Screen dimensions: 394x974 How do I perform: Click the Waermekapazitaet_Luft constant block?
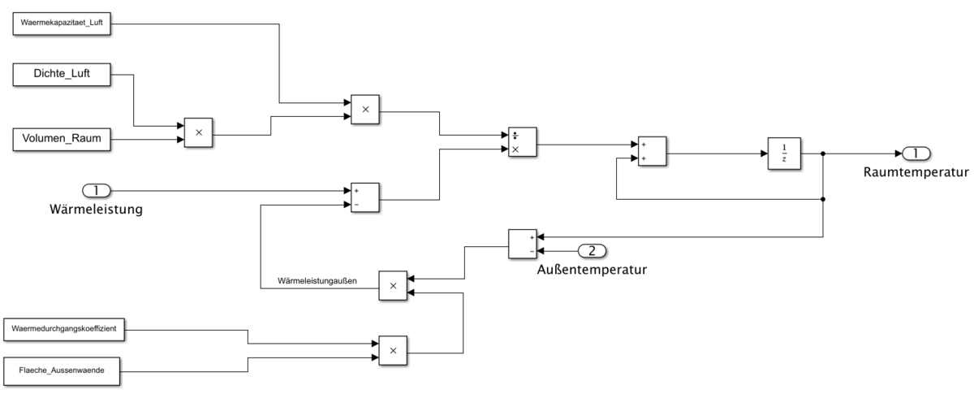[x=63, y=24]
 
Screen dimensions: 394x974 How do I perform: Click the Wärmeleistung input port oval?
[x=96, y=191]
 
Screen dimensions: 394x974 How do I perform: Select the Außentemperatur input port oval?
[x=591, y=250]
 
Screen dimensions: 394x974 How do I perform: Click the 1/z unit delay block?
[x=783, y=153]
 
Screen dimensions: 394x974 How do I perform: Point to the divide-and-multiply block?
[x=521, y=144]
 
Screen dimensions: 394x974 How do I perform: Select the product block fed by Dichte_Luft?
[x=197, y=132]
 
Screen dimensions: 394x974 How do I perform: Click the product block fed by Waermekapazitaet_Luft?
[x=364, y=110]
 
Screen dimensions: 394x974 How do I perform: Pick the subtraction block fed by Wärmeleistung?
[x=364, y=197]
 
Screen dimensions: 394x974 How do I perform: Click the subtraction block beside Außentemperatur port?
[x=523, y=244]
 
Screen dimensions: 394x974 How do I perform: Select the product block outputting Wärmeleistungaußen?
[x=393, y=286]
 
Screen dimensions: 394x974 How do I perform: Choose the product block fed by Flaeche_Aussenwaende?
[x=393, y=351]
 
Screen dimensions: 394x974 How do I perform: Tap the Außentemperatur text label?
[x=592, y=269]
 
